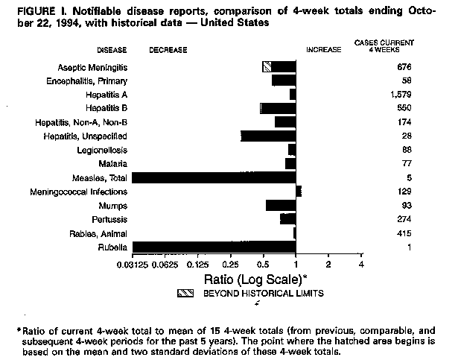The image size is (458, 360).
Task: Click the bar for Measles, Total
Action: [x=214, y=177]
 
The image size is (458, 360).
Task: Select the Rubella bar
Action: [x=214, y=247]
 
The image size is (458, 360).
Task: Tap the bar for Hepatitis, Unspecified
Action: [x=268, y=136]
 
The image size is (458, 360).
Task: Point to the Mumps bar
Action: [x=281, y=205]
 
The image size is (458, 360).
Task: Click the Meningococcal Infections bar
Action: [x=299, y=192]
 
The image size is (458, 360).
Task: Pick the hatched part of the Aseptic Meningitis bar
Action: [x=267, y=66]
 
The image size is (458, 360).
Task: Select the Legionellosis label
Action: [x=105, y=150]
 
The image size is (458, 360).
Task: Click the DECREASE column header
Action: [x=168, y=50]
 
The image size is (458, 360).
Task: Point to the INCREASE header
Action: [x=323, y=50]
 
